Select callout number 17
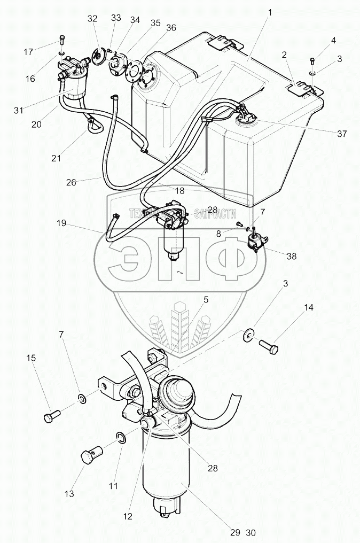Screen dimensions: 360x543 (x=28, y=52)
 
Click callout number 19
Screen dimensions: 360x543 (x=62, y=223)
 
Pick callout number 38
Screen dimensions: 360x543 (x=291, y=256)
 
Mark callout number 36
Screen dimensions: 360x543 (x=171, y=27)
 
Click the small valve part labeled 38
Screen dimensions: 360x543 (x=256, y=241)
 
